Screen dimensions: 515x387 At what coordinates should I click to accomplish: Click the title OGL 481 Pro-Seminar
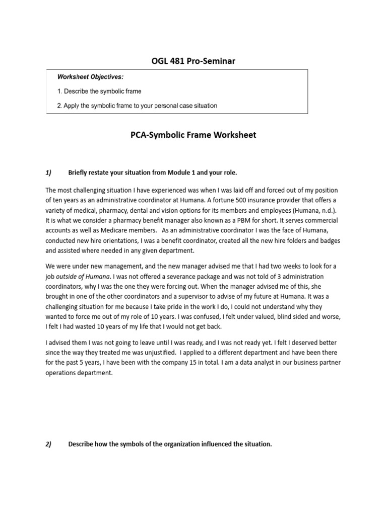(193, 61)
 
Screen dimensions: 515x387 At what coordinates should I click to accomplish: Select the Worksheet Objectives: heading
(90, 77)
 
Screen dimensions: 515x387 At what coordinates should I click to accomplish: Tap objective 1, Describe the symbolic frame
(99, 91)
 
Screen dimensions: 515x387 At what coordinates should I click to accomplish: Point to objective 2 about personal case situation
(137, 106)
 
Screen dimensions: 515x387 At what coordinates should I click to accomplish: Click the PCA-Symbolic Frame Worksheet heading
(193, 135)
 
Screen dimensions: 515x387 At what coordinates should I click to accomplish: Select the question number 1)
(49, 173)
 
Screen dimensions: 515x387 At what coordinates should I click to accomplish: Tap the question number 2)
(49, 444)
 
